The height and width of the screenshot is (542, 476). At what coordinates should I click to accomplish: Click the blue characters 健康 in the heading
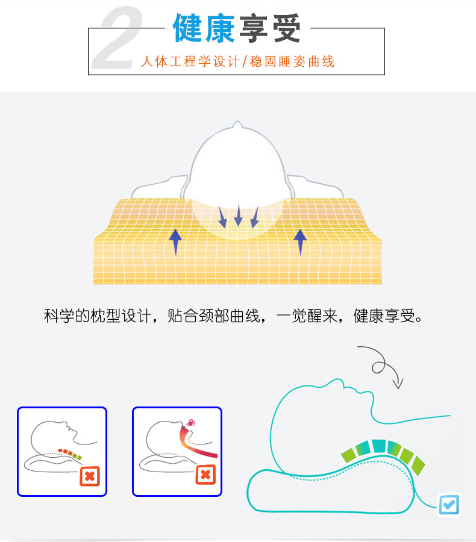tap(204, 28)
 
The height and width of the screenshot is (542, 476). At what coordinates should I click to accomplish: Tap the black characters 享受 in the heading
tap(271, 28)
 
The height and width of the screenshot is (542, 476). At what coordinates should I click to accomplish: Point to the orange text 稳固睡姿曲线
tap(295, 61)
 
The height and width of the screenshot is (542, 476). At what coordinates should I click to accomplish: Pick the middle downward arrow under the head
tap(238, 215)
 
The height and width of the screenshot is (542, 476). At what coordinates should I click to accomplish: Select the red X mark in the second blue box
tap(205, 475)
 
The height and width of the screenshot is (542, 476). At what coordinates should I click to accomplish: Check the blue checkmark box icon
tap(449, 503)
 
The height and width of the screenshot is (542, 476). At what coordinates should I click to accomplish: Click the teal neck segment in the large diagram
tap(379, 446)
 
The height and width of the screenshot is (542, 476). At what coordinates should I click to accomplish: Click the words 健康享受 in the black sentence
tap(386, 317)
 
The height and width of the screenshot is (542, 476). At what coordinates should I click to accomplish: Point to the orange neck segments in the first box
tap(69, 452)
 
